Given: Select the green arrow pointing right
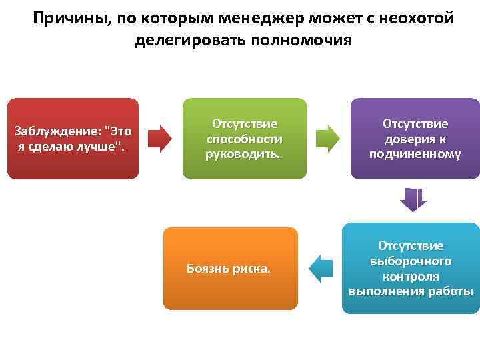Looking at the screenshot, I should click(327, 139).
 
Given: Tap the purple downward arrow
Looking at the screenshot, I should click(413, 199).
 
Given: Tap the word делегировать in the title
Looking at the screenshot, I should click(190, 40).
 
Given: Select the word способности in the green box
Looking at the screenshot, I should click(244, 139).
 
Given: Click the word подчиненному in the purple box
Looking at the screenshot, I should click(415, 154).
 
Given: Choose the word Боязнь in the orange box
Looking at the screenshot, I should click(207, 269).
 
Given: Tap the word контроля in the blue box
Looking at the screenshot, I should click(410, 276).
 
